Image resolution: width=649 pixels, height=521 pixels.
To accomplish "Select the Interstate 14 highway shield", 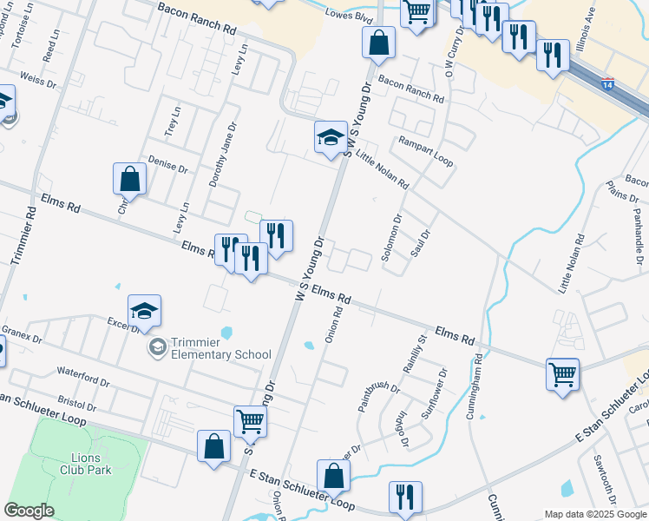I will click(607, 84).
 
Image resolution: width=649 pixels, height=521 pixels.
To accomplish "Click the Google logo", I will click(29, 511).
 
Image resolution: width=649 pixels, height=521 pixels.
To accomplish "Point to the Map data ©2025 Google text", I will click(595, 514).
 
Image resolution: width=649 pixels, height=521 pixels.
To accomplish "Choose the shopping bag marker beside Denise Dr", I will click(129, 180).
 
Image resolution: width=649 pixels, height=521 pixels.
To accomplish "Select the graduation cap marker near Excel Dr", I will click(145, 311).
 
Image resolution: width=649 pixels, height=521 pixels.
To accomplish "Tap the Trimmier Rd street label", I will click(23, 235).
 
